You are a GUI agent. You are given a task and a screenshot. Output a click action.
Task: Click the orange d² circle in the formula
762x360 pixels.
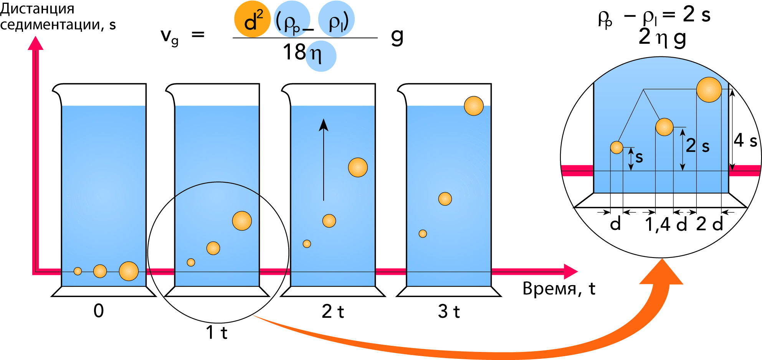tap(252, 19)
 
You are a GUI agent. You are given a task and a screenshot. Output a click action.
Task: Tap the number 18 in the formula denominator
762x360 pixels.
tap(294, 52)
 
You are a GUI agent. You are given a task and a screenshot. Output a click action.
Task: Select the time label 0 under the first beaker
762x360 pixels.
tap(99, 310)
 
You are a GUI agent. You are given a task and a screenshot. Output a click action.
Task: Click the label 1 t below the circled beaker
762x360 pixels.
tap(217, 332)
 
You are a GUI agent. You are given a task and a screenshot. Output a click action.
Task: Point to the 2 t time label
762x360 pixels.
tap(333, 311)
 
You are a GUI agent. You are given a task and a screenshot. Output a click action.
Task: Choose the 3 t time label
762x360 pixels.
tap(449, 311)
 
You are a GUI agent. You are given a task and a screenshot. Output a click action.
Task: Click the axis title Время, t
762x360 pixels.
tap(559, 289)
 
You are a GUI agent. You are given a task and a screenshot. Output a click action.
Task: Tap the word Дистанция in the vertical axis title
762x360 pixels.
tap(37, 9)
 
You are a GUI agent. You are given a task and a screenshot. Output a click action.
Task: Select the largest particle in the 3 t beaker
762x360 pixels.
tap(474, 106)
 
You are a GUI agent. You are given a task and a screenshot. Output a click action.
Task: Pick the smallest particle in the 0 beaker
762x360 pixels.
tap(78, 271)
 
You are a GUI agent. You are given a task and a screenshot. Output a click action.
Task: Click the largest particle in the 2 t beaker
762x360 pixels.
tap(358, 167)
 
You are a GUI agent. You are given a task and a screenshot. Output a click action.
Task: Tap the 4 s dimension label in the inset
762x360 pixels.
tap(745, 140)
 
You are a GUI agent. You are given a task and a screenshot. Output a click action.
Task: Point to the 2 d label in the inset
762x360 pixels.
tap(709, 224)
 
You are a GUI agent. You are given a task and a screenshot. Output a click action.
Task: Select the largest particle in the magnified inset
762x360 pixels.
tap(709, 90)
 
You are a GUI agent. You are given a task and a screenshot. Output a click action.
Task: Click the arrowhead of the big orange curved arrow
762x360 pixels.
tap(661, 272)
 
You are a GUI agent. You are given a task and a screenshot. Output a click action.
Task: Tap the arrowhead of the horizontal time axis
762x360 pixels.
tap(571, 271)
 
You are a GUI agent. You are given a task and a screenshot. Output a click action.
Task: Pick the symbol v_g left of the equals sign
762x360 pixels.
tap(169, 36)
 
